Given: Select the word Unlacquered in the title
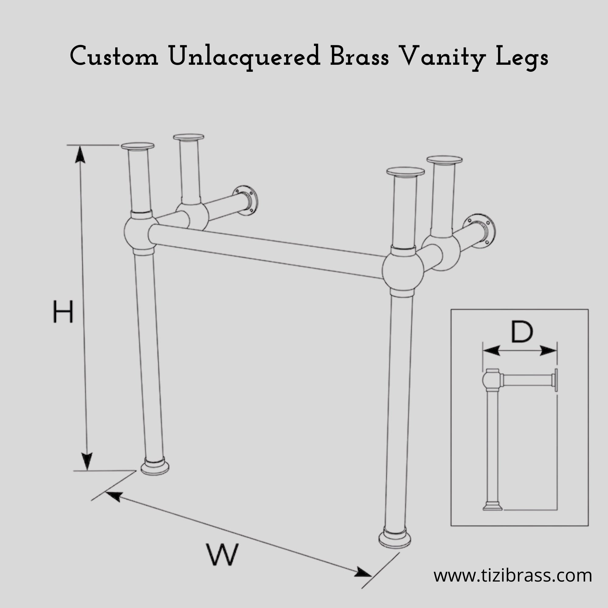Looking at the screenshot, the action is pyautogui.click(x=244, y=57).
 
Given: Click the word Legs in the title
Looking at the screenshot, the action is pyautogui.click(x=522, y=57).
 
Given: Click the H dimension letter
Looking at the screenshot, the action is pyautogui.click(x=63, y=311).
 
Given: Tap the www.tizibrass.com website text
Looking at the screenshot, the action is pyautogui.click(x=513, y=575).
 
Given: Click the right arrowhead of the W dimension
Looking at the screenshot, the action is pyautogui.click(x=363, y=572).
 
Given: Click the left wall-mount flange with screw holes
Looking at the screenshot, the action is pyautogui.click(x=245, y=200).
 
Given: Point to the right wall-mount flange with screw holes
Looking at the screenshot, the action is pyautogui.click(x=479, y=231).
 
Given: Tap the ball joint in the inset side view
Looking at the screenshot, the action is pyautogui.click(x=492, y=380).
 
